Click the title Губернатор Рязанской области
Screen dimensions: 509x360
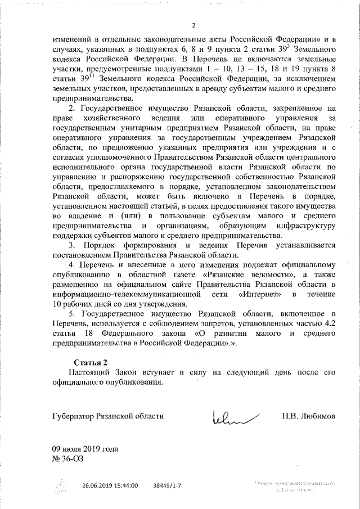pos(106,416)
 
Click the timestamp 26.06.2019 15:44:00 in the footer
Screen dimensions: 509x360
pos(110,484)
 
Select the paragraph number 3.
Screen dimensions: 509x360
pos(71,245)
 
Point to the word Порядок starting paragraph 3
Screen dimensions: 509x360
pos(100,245)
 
